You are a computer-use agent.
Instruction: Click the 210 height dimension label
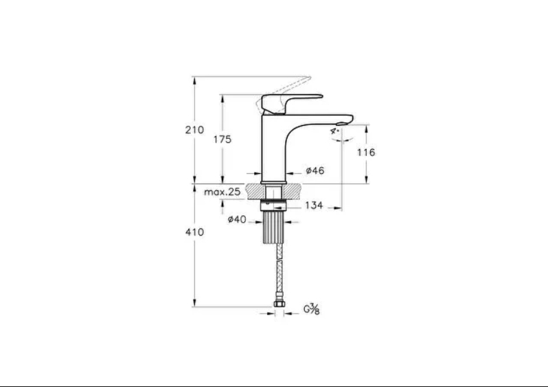point(194,130)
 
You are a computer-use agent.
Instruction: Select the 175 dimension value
point(222,140)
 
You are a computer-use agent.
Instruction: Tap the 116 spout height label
point(366,152)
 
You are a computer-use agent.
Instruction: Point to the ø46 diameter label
point(315,170)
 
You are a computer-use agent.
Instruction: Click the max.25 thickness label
point(222,192)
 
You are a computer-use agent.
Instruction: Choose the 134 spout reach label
point(314,205)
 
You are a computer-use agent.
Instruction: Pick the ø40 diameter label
point(237,219)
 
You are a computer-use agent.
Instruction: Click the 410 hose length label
point(194,232)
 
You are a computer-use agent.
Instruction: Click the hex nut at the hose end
point(279,303)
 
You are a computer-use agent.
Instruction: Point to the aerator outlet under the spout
point(341,123)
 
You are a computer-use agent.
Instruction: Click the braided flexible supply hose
point(279,272)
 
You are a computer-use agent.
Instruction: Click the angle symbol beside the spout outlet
point(335,131)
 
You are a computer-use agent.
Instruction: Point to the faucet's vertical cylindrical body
point(273,148)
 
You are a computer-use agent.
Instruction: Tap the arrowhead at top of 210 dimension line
point(194,80)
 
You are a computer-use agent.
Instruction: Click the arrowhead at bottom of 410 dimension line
point(194,303)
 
